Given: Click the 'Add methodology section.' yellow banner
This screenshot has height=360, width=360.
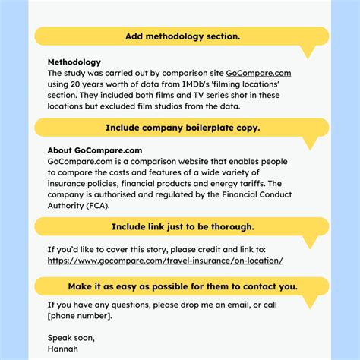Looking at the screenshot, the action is pos(182,36).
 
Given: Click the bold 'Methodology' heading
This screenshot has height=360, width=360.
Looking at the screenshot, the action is pos(74,62).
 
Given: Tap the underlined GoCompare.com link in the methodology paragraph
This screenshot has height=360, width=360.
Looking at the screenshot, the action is pos(258,74).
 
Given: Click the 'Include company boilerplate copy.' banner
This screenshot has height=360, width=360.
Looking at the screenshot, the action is pos(182,128).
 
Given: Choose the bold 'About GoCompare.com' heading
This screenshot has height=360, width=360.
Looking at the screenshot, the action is pos(94,151).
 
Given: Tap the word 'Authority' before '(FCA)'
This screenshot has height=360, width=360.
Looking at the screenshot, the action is pos(67,205).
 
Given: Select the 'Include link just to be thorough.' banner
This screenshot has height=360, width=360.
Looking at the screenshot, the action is pos(182,226).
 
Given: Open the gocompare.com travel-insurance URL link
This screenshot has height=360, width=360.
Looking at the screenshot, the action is pos(165,261).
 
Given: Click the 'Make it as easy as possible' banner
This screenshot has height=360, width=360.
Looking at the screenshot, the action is pos(182,286).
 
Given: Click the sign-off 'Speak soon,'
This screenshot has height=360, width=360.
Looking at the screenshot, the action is pos(71,337).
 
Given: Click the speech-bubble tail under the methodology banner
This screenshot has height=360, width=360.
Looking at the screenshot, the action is pos(307,52).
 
